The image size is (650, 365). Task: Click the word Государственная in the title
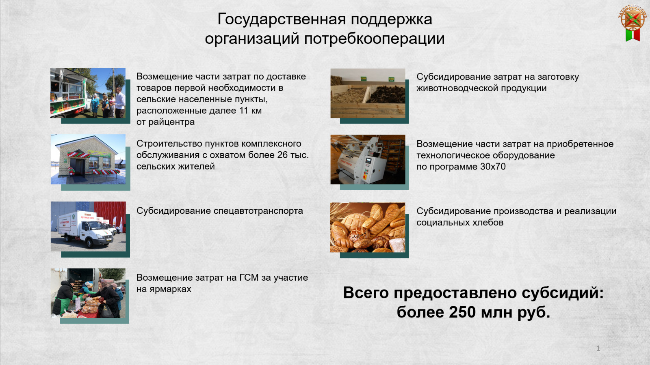click(x=282, y=20)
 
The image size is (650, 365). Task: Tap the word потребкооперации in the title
click(x=374, y=39)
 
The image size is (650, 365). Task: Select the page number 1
click(x=598, y=348)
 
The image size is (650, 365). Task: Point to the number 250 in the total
click(x=463, y=312)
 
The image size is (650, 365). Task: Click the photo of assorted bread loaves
click(x=367, y=228)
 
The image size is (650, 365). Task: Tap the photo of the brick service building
click(x=88, y=159)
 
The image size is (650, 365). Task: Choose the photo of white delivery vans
click(x=88, y=227)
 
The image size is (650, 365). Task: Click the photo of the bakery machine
click(x=368, y=159)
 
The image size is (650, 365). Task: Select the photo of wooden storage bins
click(x=368, y=93)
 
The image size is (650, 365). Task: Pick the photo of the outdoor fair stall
click(x=88, y=293)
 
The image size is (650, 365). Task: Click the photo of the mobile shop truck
click(x=88, y=93)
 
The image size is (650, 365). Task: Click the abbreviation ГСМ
click(x=249, y=277)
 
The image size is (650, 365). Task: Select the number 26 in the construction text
click(x=282, y=155)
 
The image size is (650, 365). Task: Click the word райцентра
click(x=171, y=122)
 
